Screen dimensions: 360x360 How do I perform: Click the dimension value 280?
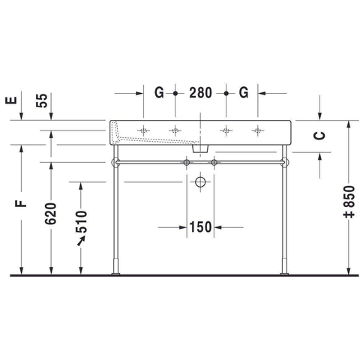pyautogui.click(x=200, y=93)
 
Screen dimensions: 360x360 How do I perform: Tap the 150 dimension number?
pyautogui.click(x=201, y=227)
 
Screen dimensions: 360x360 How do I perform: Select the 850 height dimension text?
pyautogui.click(x=349, y=202)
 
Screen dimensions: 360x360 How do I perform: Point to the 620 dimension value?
pyautogui.click(x=51, y=213)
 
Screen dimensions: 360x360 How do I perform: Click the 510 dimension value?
pyautogui.click(x=82, y=222)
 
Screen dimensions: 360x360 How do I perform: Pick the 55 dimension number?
pyautogui.click(x=42, y=100)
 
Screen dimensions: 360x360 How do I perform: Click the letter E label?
pyautogui.click(x=11, y=100)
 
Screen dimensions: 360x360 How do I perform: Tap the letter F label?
pyautogui.click(x=21, y=203)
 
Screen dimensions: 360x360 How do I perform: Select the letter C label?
pyautogui.click(x=319, y=136)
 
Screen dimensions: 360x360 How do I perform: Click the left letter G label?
pyautogui.click(x=159, y=93)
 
